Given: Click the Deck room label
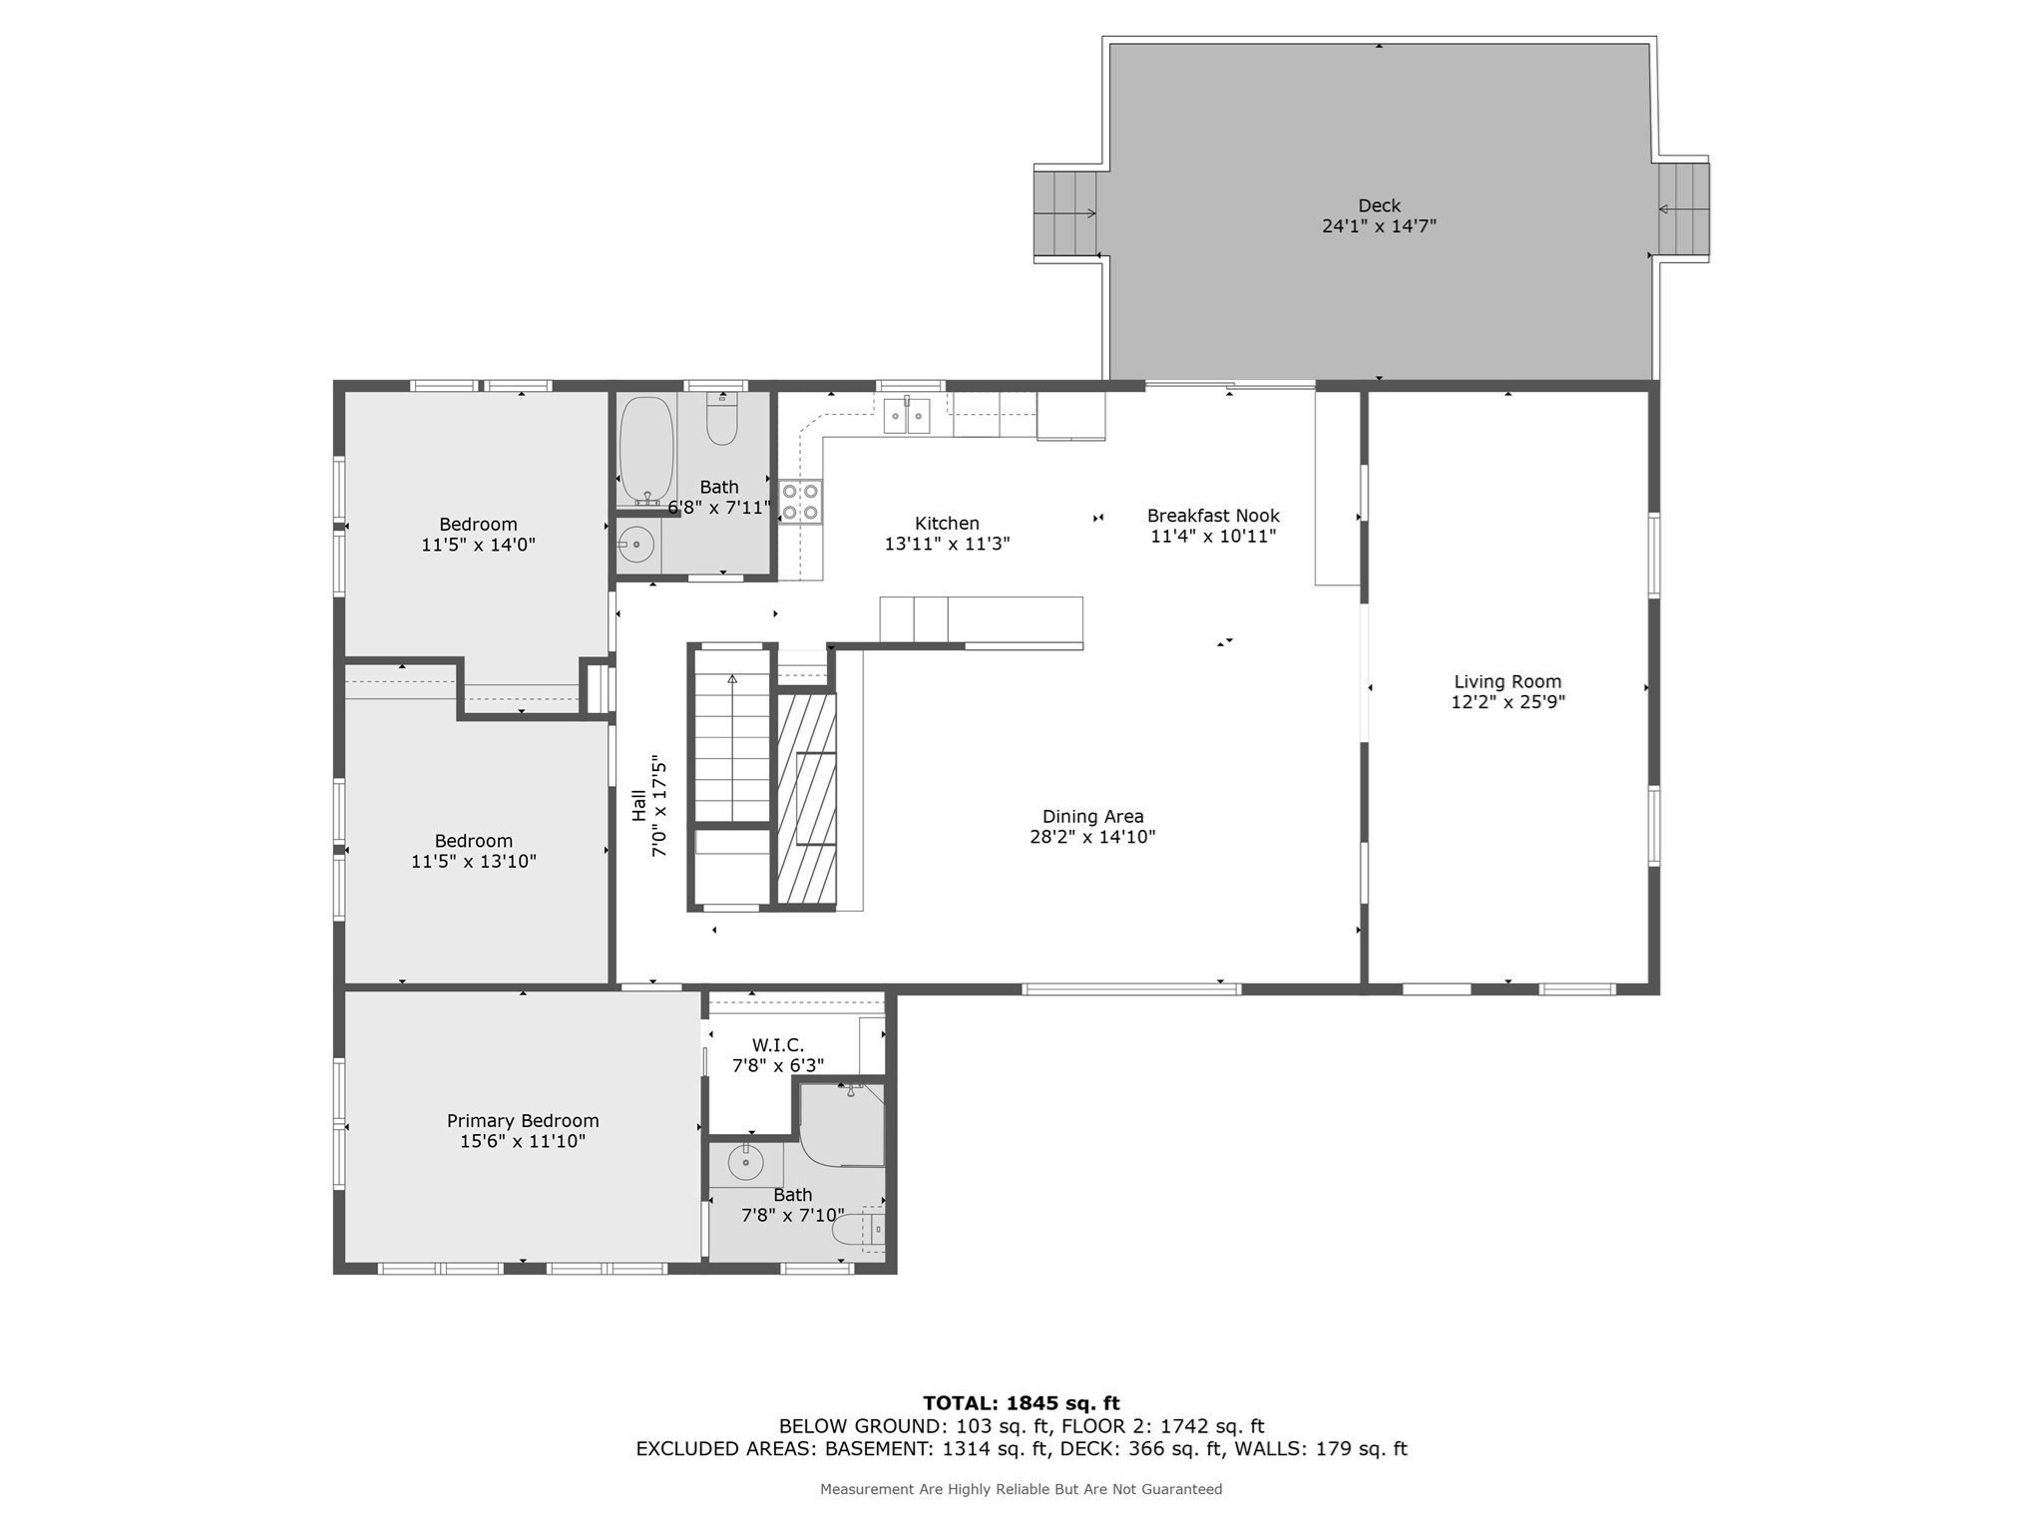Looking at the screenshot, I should coord(1379,205).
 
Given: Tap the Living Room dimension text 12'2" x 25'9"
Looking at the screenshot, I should coord(1507,702).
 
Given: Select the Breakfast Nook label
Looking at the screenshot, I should coord(1212,516).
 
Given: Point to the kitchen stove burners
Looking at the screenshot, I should coord(800,502).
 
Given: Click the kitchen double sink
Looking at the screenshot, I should coord(906,416).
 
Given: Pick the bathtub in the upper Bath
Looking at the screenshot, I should coord(646,450).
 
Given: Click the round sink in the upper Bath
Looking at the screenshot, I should coord(635,545).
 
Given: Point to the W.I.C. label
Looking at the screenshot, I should coord(777,1045).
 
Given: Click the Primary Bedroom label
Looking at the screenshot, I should coord(523,1121).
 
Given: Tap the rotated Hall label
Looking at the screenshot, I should coord(638,806).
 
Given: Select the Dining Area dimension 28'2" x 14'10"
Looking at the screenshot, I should coord(1092,837).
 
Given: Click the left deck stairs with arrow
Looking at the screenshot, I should coord(1065,212).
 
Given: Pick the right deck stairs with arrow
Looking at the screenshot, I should coord(1682,208).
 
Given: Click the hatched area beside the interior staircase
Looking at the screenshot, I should coord(806,798).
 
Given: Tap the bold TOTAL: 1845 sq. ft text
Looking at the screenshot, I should coord(1021,1403).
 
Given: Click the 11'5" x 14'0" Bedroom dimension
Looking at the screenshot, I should coord(478,546).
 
